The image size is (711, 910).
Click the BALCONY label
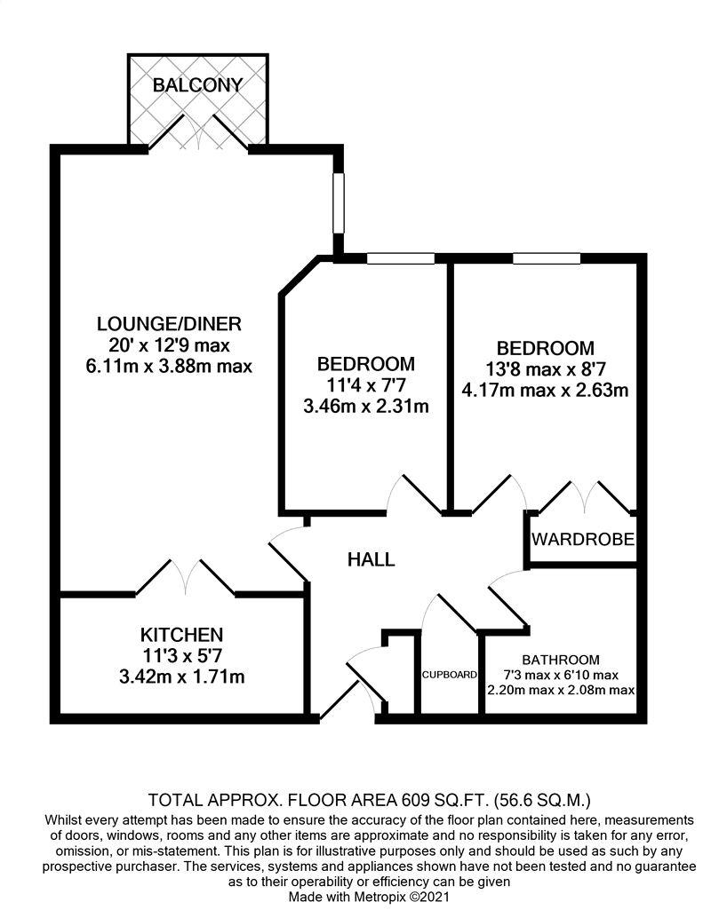tap(197, 86)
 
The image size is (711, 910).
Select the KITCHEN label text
tap(180, 635)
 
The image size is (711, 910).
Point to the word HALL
tap(371, 560)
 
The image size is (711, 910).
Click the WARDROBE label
tap(583, 540)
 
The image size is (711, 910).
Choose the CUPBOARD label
tap(449, 675)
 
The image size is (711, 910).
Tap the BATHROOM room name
tap(560, 661)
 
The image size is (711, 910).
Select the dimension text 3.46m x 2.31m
tap(366, 408)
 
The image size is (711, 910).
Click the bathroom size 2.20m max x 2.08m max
tap(560, 690)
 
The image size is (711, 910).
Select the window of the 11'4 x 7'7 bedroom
tap(401, 258)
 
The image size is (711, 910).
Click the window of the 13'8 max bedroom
tap(547, 258)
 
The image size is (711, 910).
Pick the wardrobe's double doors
tap(583, 498)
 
